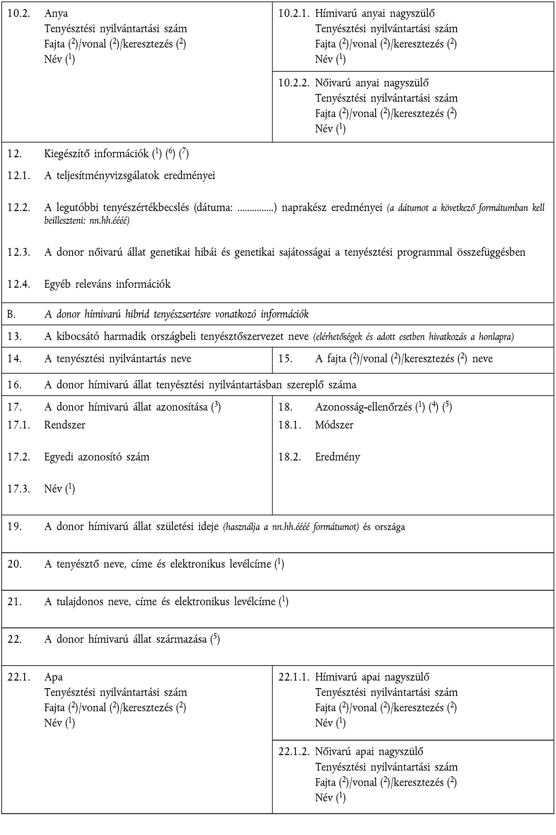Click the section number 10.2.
coord(19,13)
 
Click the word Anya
coord(56,13)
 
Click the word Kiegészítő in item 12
coord(67,154)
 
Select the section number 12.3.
coord(19,252)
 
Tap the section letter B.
coord(11,314)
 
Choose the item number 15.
coord(285,359)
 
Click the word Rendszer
coord(65,425)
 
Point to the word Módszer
coord(334,425)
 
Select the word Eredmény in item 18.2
coord(337,457)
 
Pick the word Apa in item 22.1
coord(54,677)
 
